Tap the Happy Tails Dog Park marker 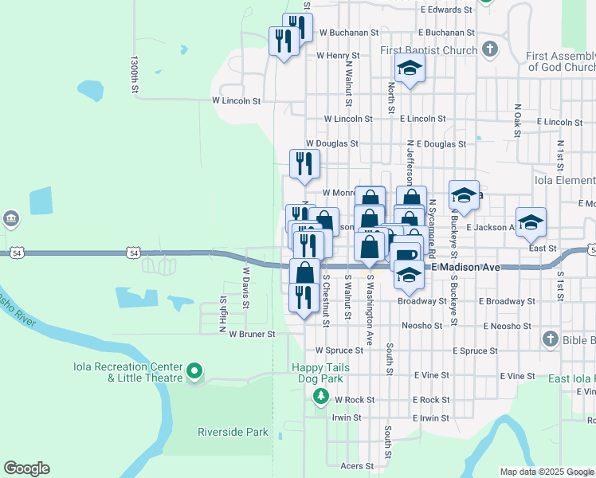point(320,395)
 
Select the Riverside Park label point(233,432)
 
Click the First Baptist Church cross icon point(490,49)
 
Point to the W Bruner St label point(252,335)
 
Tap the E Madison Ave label point(466,268)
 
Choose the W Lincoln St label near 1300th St point(236,101)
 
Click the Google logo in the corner point(26,468)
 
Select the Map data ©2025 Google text point(547,472)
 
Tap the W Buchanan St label point(347,33)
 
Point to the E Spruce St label point(475,351)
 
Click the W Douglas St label point(331,144)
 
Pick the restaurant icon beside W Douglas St point(304,163)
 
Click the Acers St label point(357,466)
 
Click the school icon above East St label point(531,222)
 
